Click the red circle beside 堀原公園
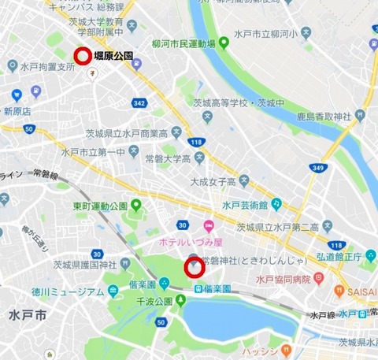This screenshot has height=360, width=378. (x=83, y=55)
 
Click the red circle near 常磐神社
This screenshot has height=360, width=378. (x=194, y=268)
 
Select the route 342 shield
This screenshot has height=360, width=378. (x=139, y=103)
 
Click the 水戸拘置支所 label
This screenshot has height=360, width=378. (x=48, y=68)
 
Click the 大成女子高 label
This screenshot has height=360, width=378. (x=214, y=181)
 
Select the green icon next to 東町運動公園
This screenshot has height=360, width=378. (x=135, y=206)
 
